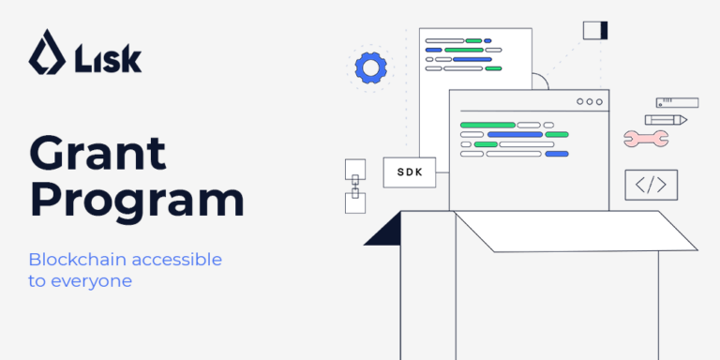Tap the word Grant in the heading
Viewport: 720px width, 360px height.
pos(97,154)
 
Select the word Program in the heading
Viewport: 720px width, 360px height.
pos(137,201)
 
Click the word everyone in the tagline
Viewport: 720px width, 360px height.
pos(92,280)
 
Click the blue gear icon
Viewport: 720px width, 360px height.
pos(371,67)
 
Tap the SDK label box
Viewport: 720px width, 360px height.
pos(410,172)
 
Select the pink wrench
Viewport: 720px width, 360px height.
pos(645,139)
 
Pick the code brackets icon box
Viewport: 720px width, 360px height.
pos(651,185)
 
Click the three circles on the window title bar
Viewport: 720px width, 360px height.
pos(591,101)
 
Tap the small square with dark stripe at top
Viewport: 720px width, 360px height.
pos(595,30)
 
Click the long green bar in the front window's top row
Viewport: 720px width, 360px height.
pos(487,125)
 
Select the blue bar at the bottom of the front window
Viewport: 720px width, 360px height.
pos(557,154)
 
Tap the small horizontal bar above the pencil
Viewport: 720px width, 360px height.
pos(677,101)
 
